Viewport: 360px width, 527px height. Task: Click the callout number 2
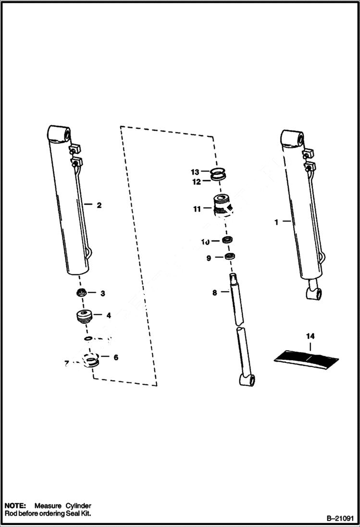(x=99, y=205)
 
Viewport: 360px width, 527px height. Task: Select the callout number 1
(x=276, y=222)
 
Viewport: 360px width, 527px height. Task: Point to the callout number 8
(x=214, y=292)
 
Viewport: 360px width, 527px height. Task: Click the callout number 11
(x=197, y=209)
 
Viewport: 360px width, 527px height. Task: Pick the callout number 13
(x=195, y=172)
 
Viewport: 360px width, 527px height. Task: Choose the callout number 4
(x=109, y=316)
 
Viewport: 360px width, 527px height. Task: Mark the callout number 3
(x=102, y=293)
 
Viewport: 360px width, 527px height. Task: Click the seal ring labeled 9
(x=229, y=256)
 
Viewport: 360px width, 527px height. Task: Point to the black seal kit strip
(x=307, y=357)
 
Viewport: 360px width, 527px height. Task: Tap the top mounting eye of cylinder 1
(x=293, y=138)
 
